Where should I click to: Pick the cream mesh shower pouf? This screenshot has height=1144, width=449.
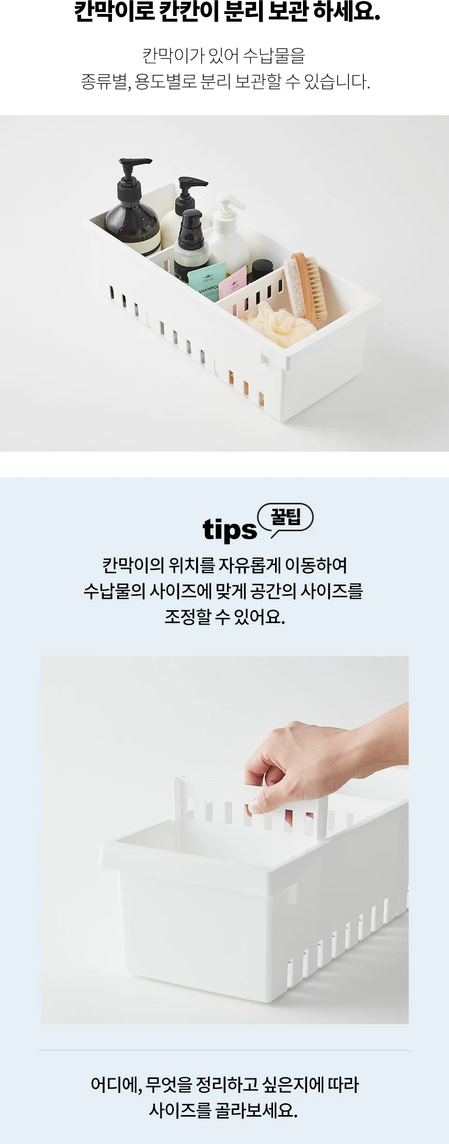pyautogui.click(x=279, y=323)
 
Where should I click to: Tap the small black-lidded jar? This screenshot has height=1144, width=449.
pyautogui.click(x=262, y=271)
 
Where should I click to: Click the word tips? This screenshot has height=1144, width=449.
pyautogui.click(x=229, y=530)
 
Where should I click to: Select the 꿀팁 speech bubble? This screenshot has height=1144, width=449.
pyautogui.click(x=285, y=518)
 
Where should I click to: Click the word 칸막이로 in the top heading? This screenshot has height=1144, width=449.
pyautogui.click(x=115, y=12)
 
